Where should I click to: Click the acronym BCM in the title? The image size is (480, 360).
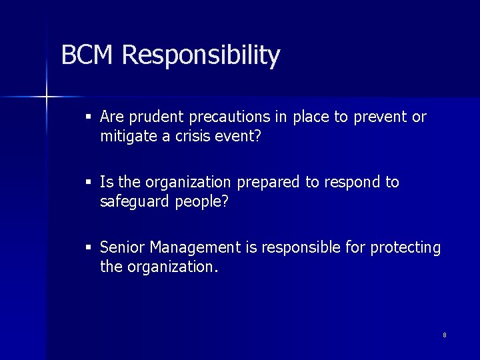click(x=88, y=55)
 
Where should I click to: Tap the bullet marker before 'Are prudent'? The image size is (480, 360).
click(x=89, y=118)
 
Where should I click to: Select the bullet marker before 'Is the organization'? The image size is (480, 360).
click(x=89, y=183)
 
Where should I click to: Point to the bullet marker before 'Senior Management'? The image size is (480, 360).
click(x=89, y=248)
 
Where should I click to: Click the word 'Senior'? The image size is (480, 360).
click(x=122, y=248)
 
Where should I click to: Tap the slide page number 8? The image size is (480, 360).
click(x=445, y=335)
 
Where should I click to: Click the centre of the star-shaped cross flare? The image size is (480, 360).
click(x=47, y=97)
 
